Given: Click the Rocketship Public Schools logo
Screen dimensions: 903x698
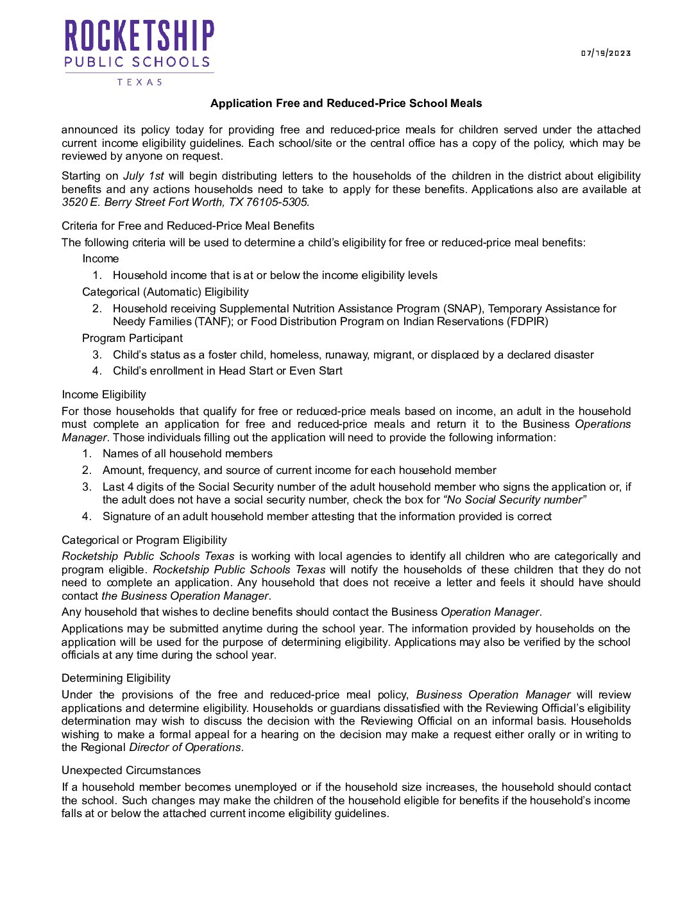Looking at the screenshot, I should (x=139, y=44).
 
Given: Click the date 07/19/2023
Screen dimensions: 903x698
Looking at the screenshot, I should (x=606, y=53).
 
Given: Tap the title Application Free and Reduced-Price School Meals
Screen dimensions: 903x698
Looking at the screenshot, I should (x=346, y=103).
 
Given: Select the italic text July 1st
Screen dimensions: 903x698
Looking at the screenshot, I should (x=143, y=176).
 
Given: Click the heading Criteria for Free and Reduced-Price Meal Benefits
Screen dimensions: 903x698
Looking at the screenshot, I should (x=188, y=226).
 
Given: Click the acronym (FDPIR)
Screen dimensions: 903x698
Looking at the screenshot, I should (x=527, y=321).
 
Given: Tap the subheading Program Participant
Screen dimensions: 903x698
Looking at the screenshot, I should (x=132, y=338).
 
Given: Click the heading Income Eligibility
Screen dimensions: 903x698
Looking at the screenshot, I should (x=104, y=394).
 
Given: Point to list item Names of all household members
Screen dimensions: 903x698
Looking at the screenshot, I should (x=187, y=453).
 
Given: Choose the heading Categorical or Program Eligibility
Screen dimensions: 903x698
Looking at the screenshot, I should (x=144, y=540).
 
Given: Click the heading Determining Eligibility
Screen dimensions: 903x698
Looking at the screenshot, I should (x=116, y=678).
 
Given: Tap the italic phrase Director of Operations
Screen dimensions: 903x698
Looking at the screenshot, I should (x=185, y=747).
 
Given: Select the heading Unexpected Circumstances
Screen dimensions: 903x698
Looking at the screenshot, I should (x=131, y=770).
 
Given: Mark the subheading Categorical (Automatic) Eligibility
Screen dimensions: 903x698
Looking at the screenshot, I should (x=166, y=292).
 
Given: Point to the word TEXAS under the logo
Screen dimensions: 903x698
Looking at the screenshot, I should (x=139, y=82).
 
